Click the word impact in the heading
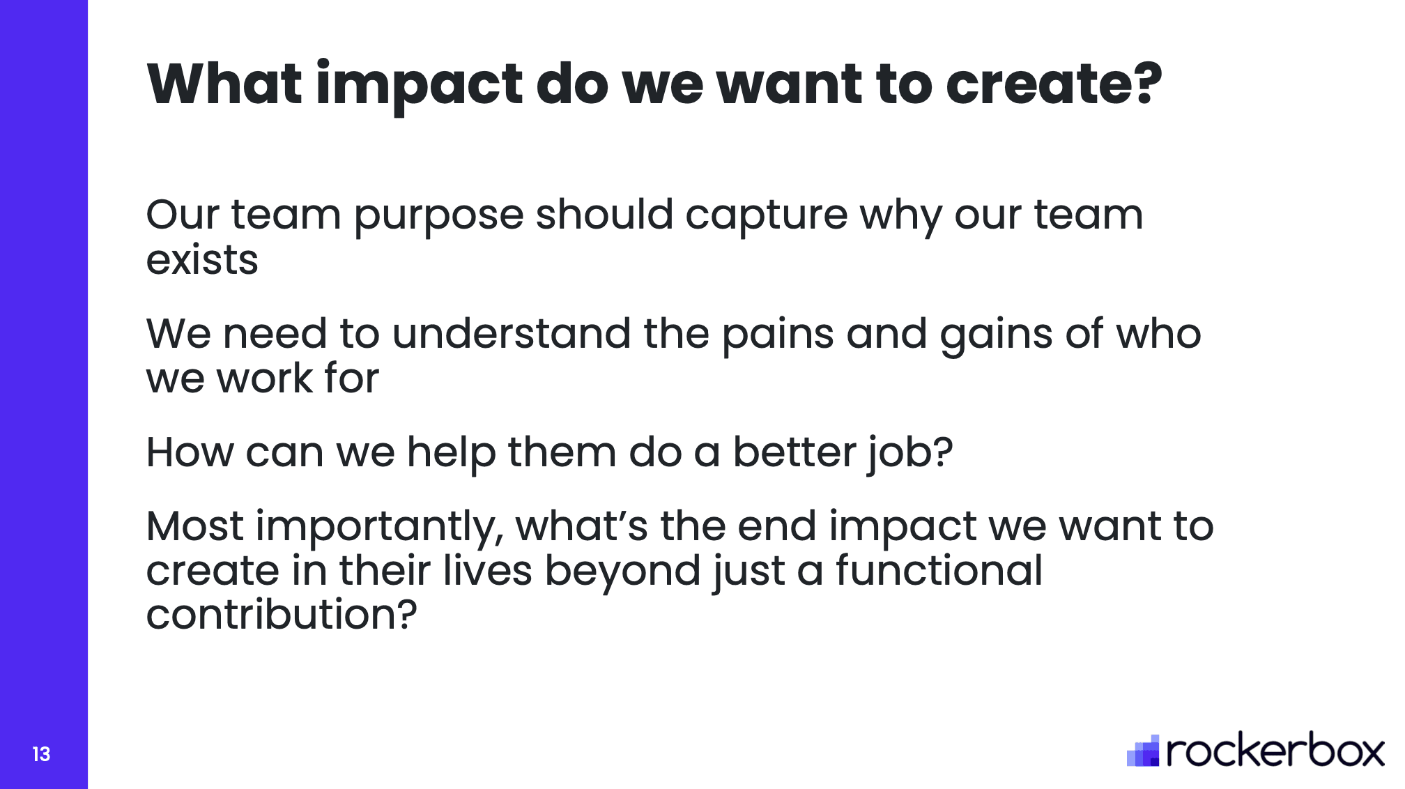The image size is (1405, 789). pyautogui.click(x=418, y=85)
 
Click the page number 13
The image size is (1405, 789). pyautogui.click(x=41, y=754)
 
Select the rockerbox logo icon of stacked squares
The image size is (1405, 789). pyautogui.click(x=1143, y=751)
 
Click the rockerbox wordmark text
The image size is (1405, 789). pyautogui.click(x=1275, y=751)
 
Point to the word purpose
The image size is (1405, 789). pyautogui.click(x=438, y=217)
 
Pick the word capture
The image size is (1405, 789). pyautogui.click(x=766, y=217)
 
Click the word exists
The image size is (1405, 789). pyautogui.click(x=202, y=260)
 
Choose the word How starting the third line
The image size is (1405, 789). pyautogui.click(x=190, y=452)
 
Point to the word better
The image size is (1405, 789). pyautogui.click(x=794, y=452)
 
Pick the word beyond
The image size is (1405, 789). pyautogui.click(x=622, y=573)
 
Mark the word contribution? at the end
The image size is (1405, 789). pyautogui.click(x=282, y=614)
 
